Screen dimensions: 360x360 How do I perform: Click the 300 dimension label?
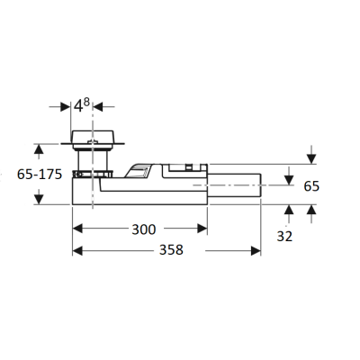point(144,229)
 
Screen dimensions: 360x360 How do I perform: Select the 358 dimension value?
point(171,249)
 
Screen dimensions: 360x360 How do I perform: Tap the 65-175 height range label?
point(40,175)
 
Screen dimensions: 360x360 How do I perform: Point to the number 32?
point(284,237)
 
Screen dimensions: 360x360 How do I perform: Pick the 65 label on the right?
point(311,186)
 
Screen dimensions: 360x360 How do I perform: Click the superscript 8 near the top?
point(86,103)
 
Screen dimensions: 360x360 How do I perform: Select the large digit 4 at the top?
point(78,106)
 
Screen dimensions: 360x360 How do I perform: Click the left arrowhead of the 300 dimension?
point(77,229)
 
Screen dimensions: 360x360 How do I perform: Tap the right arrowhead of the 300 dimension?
point(202,229)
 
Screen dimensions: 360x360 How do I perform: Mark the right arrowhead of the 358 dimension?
point(256,251)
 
